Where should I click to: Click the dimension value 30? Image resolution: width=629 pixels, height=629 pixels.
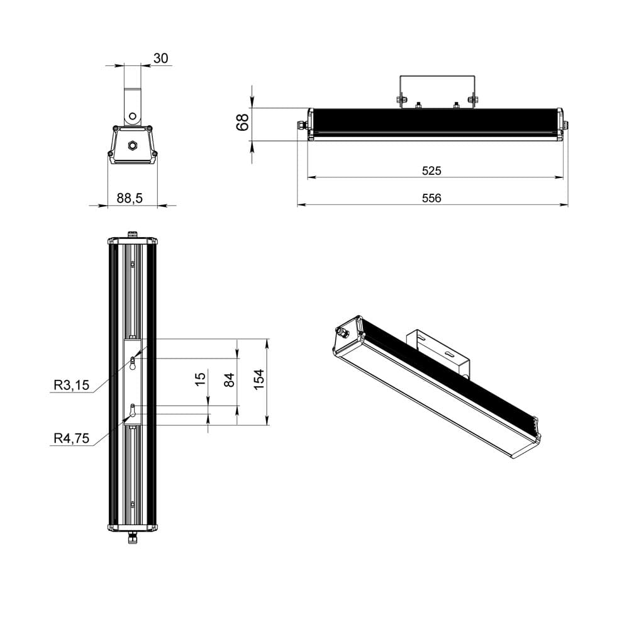160,58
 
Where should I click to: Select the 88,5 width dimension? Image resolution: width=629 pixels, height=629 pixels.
130,198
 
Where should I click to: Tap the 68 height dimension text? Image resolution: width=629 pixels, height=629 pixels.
242,121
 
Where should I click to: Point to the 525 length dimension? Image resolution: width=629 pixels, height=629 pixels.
431,170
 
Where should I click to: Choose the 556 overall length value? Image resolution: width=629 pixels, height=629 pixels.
431,198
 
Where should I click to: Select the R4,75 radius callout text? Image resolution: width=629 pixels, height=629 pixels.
71,439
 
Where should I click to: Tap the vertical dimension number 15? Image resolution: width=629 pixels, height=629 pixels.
200,379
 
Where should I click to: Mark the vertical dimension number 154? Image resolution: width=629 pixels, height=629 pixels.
259,379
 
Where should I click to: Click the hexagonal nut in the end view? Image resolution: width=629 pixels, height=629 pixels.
133,145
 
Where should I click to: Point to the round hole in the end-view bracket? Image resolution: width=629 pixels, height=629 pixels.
133,116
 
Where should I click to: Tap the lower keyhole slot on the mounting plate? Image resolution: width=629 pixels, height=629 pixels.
133,410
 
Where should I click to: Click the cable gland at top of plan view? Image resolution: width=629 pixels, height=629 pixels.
133,234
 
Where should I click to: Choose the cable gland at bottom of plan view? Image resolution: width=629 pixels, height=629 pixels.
133,537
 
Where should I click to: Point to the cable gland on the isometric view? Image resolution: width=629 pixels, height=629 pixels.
343,331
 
